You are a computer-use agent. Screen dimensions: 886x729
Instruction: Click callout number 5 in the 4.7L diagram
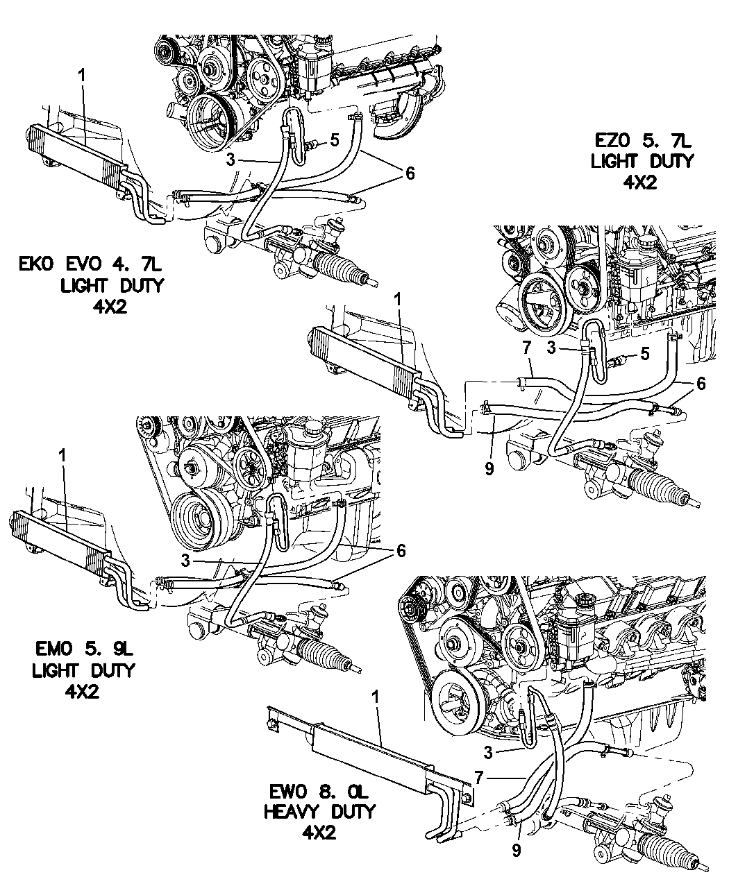[x=335, y=141]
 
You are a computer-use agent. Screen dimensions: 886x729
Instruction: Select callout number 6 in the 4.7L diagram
[x=410, y=173]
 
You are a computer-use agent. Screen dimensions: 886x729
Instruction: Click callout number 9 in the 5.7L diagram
[x=489, y=468]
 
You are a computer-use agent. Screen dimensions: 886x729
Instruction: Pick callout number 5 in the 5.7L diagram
[x=645, y=355]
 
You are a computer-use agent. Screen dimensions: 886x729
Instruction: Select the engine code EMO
[x=54, y=651]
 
